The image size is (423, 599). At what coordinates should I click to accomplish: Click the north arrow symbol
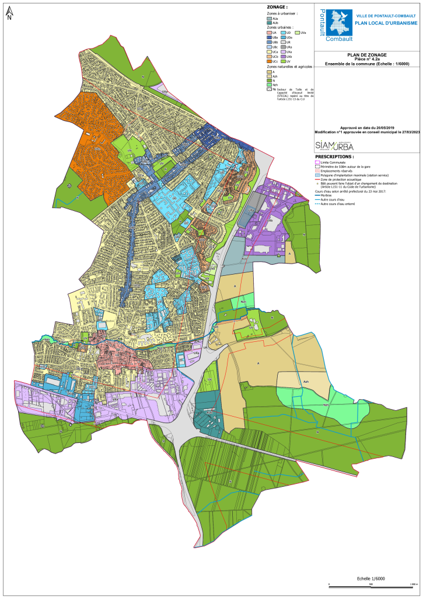coord(9,15)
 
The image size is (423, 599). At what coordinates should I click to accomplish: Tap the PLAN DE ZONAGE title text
coord(367,55)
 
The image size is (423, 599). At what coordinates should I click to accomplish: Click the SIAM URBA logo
coord(334,146)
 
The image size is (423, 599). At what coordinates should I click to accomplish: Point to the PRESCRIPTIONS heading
coord(334,157)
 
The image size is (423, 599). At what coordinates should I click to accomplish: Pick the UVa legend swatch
coord(297,33)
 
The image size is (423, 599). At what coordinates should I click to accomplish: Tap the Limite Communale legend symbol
coord(317,162)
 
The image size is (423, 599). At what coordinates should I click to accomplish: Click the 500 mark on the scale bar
coord(371,584)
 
